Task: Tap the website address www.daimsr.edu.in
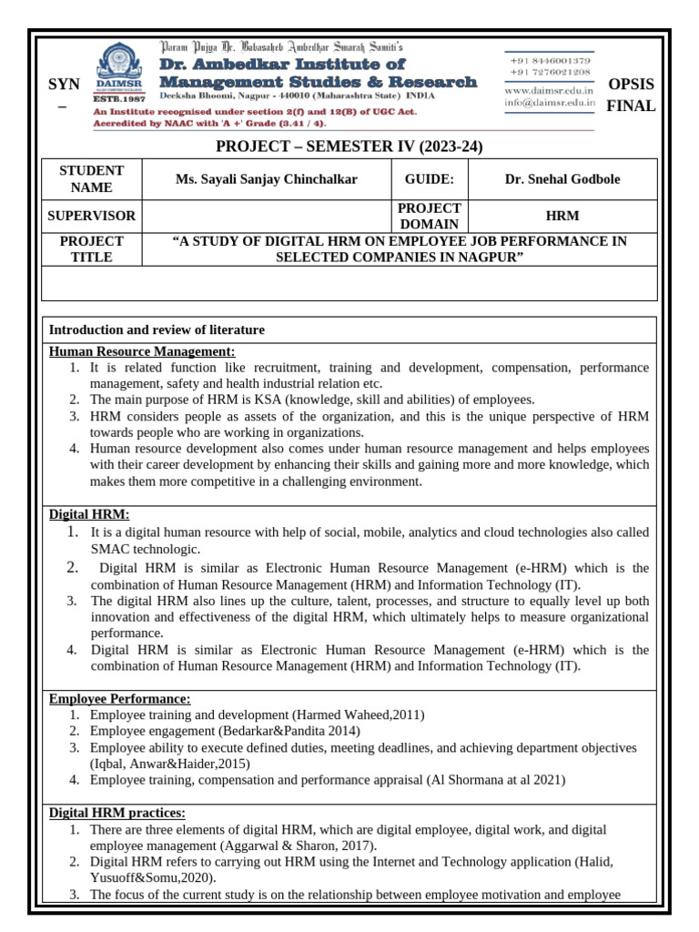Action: tap(549, 90)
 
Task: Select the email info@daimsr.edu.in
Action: tap(549, 103)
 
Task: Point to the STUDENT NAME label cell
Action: tap(92, 179)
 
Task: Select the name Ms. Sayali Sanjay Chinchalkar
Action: tap(267, 179)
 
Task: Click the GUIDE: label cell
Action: tap(430, 179)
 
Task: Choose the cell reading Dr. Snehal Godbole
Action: tap(562, 179)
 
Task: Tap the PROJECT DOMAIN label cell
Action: tap(430, 217)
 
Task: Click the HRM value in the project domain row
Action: tap(562, 217)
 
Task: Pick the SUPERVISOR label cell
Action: tap(92, 217)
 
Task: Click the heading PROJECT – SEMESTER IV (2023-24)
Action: tap(349, 147)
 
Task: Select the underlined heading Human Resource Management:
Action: tap(141, 351)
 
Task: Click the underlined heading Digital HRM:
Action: tap(88, 514)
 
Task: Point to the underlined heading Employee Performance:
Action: tap(119, 698)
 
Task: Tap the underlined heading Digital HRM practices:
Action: tap(116, 813)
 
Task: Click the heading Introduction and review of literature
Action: tap(156, 329)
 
